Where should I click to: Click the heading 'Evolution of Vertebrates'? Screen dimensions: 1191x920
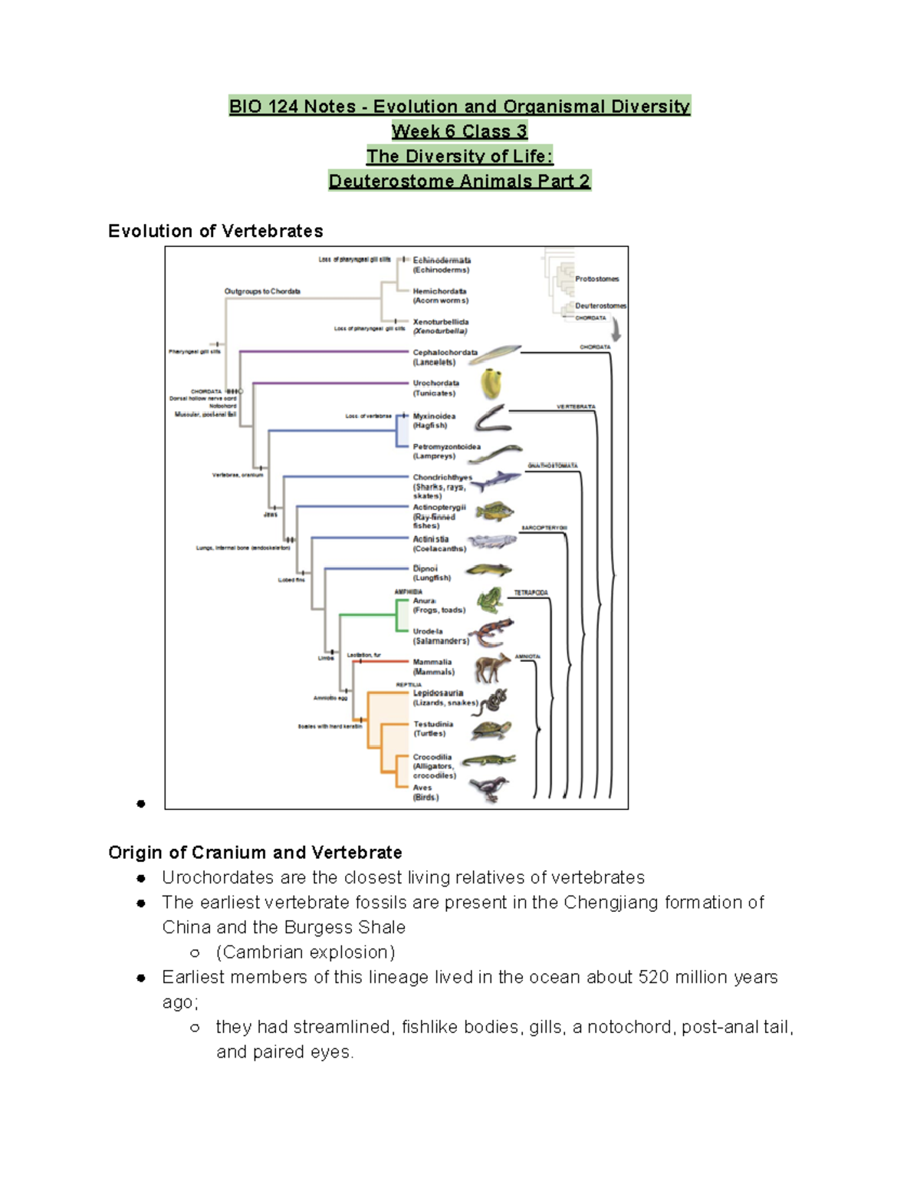(215, 231)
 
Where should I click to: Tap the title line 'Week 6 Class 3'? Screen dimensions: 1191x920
(459, 131)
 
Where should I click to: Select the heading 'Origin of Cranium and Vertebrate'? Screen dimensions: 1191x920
(255, 852)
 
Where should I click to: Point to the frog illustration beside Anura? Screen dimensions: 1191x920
(489, 600)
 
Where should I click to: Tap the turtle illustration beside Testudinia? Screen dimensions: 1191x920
(491, 730)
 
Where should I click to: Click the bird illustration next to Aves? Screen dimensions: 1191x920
(488, 788)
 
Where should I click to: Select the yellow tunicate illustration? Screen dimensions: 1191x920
(491, 383)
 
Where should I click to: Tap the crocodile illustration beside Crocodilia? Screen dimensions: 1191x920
(489, 760)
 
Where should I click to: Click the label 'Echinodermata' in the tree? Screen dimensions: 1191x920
(442, 261)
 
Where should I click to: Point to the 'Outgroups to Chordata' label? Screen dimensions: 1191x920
(262, 291)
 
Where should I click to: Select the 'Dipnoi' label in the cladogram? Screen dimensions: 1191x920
(426, 568)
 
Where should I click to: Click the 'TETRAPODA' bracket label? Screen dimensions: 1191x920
(531, 593)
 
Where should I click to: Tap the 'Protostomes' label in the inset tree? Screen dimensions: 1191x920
(596, 279)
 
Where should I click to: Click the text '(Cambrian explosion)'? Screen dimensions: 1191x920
(305, 952)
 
